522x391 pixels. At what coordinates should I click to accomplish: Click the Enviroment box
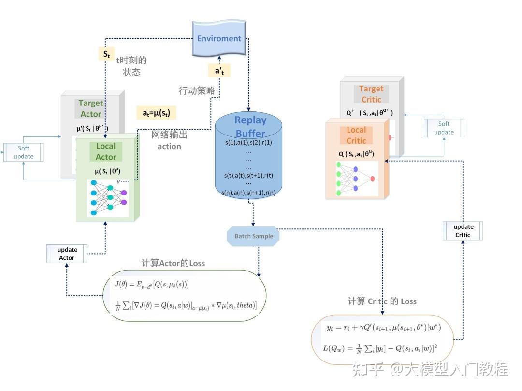point(219,38)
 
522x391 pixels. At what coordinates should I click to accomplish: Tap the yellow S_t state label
point(106,54)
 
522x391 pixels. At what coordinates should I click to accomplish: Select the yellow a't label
point(219,71)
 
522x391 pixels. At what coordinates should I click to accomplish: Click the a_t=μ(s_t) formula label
point(156,113)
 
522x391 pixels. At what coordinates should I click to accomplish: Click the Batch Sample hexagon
point(254,236)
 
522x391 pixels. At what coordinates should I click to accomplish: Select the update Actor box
point(67,254)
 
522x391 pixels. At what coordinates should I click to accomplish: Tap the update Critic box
point(464,231)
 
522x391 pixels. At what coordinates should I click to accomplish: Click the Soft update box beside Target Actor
point(23,152)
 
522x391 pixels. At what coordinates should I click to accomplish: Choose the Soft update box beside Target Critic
point(444,128)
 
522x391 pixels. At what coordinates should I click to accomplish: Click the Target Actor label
point(90,108)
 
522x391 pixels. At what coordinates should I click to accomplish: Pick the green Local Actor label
point(105,151)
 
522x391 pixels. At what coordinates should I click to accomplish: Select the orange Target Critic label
point(371,94)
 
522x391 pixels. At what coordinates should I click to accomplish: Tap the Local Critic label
point(356,135)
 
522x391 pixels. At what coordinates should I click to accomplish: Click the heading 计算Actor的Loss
point(173,263)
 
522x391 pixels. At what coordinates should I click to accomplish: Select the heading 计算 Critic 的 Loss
point(382,301)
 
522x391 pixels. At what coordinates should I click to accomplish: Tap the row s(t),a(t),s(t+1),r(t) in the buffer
point(248,175)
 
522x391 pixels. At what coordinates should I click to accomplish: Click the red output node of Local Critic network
point(373,179)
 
